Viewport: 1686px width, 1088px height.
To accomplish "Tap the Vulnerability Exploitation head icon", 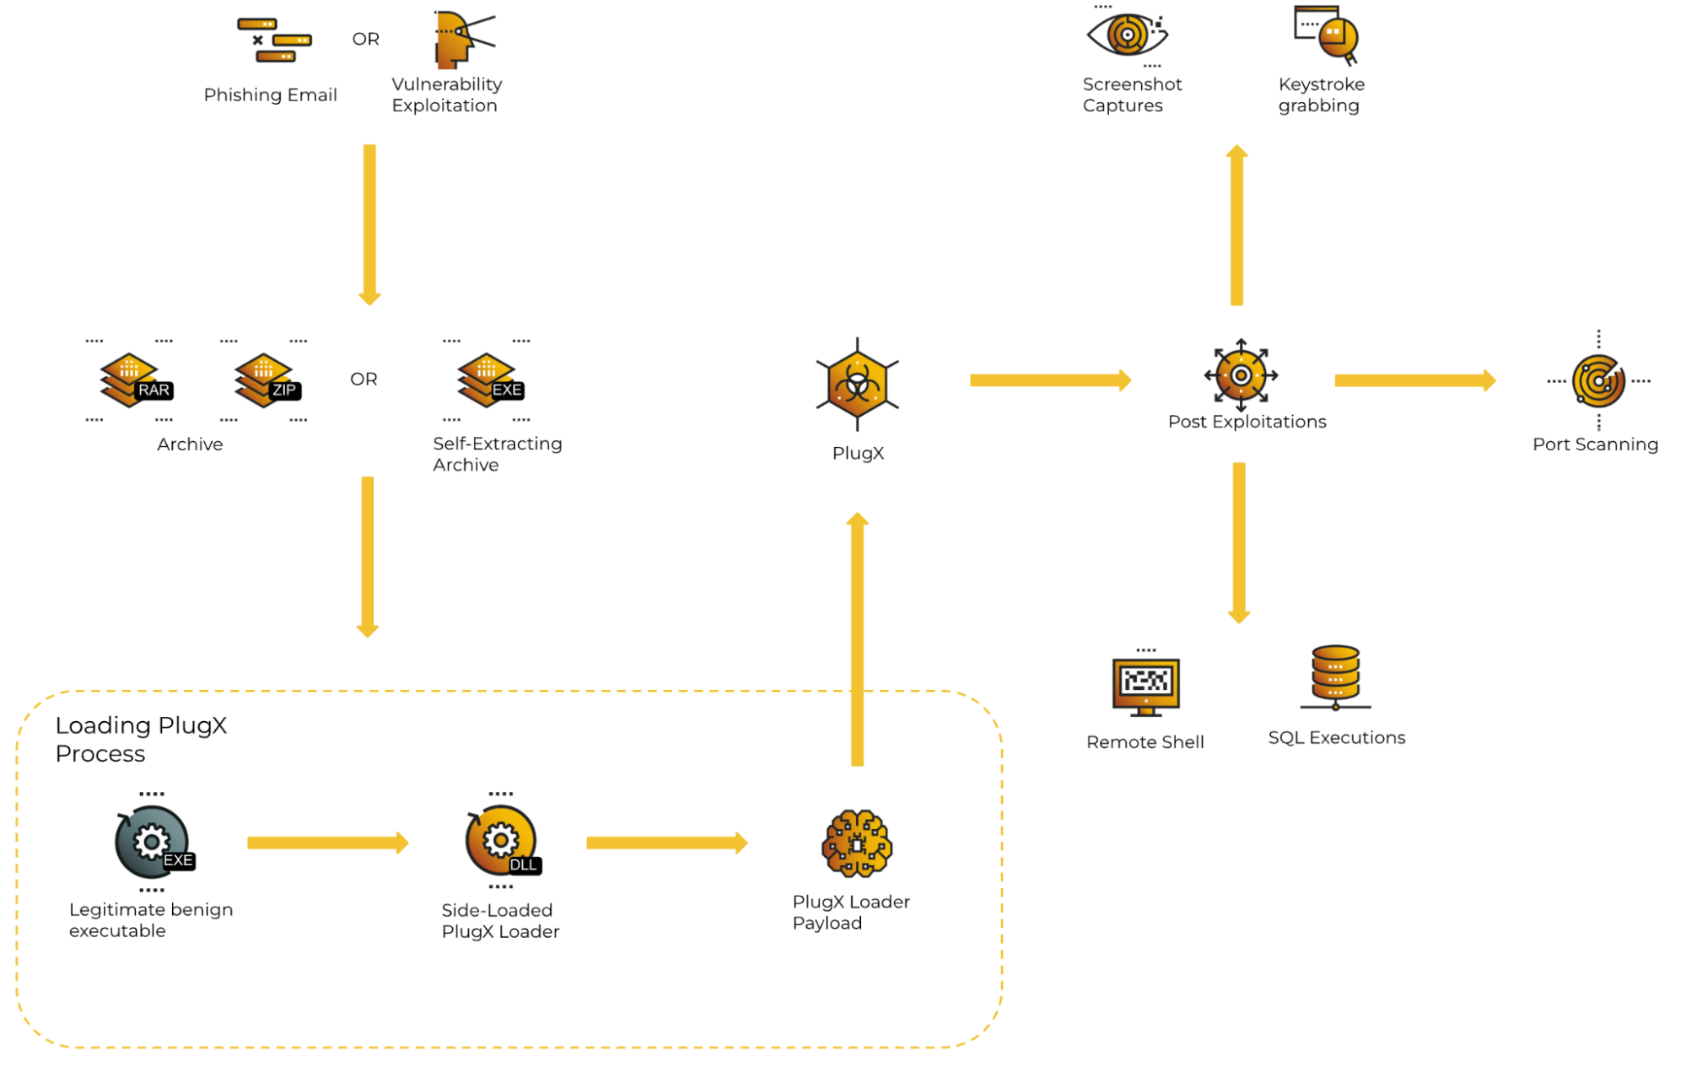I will click(x=460, y=39).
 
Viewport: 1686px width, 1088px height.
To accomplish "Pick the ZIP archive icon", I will click(x=266, y=380).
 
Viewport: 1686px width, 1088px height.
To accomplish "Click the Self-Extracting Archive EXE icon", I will click(x=488, y=380).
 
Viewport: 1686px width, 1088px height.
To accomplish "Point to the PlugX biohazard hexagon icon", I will click(x=857, y=385).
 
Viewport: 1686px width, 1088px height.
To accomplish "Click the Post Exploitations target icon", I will click(x=1241, y=375).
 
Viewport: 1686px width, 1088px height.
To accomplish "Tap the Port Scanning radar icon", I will click(x=1598, y=381).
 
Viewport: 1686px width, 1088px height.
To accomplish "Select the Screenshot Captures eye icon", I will click(x=1127, y=35).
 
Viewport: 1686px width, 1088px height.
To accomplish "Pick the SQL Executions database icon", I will click(x=1335, y=677).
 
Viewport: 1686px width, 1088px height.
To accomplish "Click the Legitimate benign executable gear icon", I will click(x=153, y=842).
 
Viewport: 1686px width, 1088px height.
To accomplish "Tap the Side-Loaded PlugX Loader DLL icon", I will click(x=502, y=841).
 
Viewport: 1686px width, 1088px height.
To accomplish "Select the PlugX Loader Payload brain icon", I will click(x=857, y=843).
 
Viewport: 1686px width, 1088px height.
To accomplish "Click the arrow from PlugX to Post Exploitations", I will click(x=1049, y=380).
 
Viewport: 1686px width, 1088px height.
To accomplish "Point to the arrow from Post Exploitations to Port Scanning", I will click(x=1414, y=380).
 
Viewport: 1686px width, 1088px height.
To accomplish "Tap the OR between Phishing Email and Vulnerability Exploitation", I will click(x=365, y=40).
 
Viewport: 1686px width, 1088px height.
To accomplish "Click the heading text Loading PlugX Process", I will click(x=141, y=739).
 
